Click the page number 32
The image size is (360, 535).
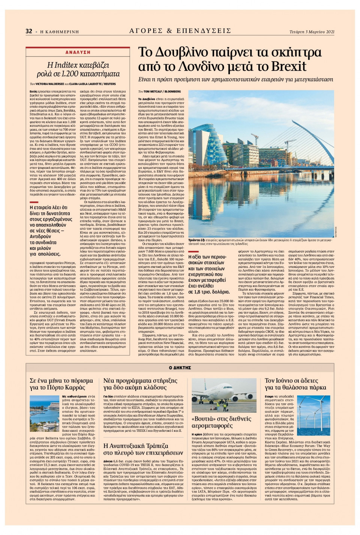(29, 31)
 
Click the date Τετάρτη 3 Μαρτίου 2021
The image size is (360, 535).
(312, 32)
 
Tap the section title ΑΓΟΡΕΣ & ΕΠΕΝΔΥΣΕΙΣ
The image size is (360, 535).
(180, 31)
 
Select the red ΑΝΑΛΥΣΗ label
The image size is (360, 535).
(78, 53)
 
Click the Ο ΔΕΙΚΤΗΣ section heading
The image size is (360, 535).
(180, 368)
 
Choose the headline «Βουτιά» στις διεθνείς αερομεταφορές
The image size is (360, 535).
(221, 422)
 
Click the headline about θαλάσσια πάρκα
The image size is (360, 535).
(295, 384)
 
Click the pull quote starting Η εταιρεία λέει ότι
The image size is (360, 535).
(51, 230)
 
